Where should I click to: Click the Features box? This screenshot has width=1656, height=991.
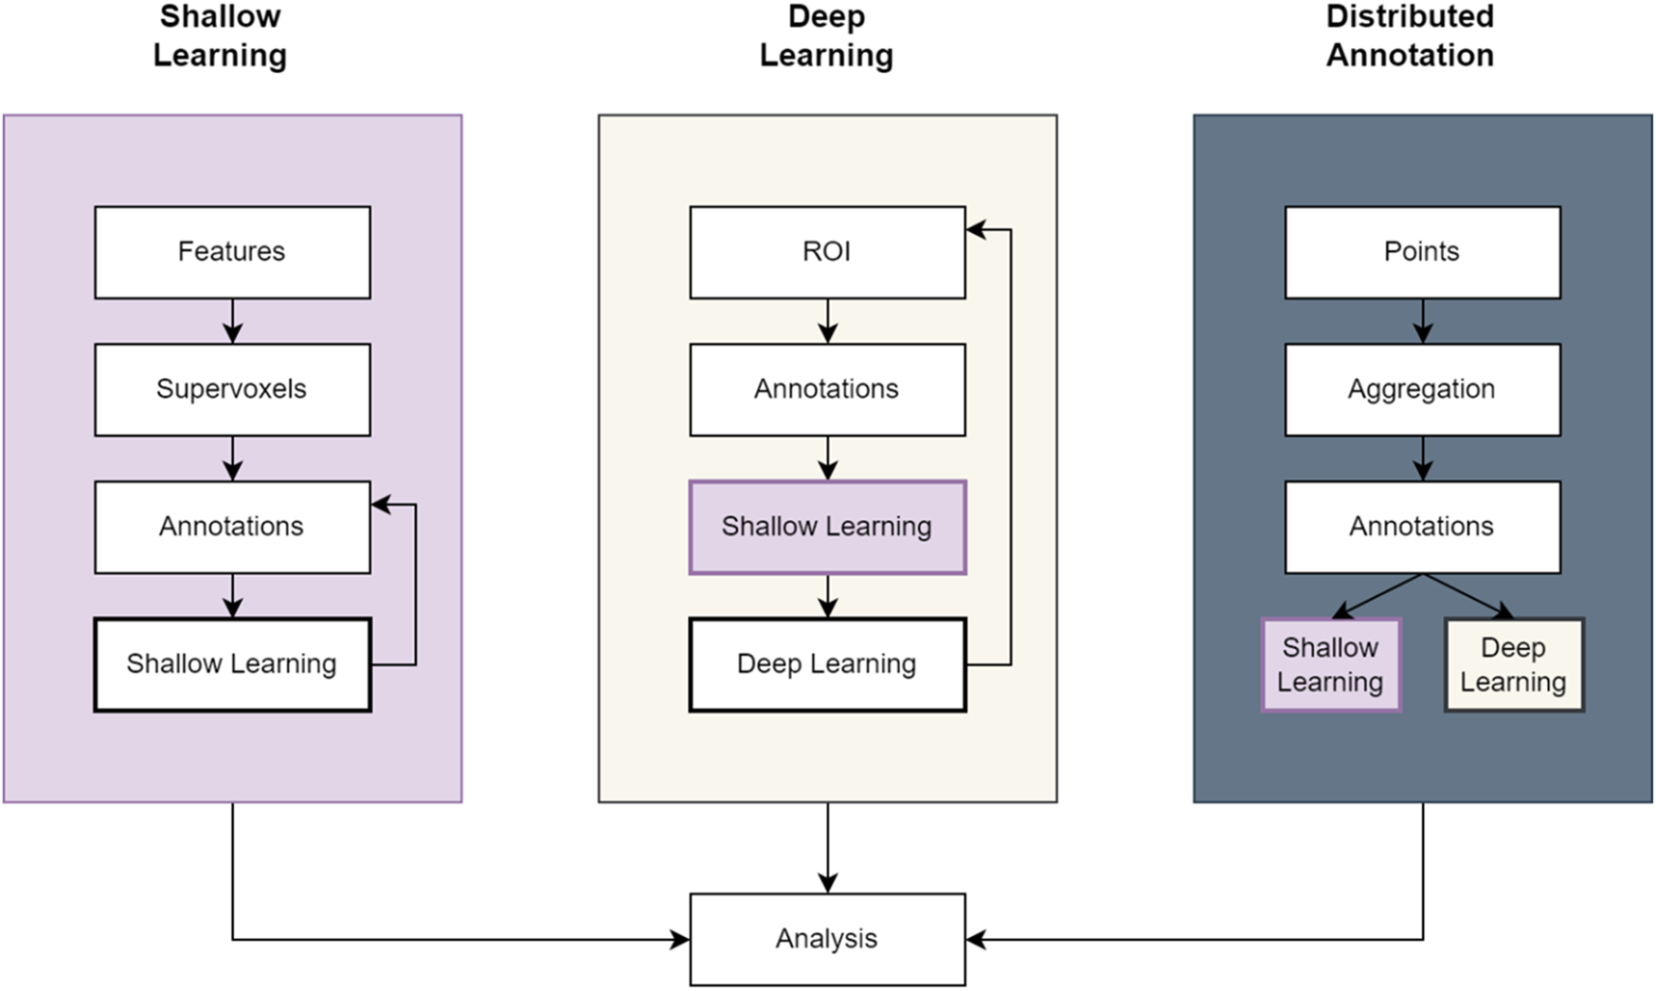[x=232, y=252]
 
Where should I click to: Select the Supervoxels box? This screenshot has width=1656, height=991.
[x=232, y=389]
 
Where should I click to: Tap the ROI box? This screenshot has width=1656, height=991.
[x=827, y=252]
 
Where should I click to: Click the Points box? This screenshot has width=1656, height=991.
[x=1422, y=252]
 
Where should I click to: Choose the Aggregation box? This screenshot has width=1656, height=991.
[x=1422, y=389]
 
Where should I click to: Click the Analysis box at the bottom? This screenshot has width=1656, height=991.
[x=827, y=939]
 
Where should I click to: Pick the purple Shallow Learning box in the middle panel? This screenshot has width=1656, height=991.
[x=827, y=527]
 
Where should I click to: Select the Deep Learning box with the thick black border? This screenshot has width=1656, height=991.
[x=827, y=664]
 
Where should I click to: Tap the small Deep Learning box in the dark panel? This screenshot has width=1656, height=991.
[x=1513, y=664]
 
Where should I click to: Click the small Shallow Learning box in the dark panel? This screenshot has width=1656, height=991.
[x=1330, y=664]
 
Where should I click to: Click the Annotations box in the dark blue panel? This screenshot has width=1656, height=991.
[x=1422, y=527]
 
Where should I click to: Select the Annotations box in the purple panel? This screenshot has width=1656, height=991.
[x=232, y=527]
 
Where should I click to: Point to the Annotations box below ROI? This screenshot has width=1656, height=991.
[x=827, y=389]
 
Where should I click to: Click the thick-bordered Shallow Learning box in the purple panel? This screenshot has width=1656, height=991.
[x=232, y=664]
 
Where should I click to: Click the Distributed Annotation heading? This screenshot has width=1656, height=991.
[x=1410, y=36]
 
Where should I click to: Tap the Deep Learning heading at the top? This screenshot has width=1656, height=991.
[x=826, y=36]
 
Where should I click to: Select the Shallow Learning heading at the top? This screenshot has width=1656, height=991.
[x=220, y=36]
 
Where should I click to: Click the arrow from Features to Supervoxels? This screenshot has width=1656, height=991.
[x=232, y=321]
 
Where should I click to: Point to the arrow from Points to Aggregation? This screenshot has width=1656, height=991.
[x=1422, y=321]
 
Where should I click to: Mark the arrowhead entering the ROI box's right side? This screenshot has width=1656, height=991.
[x=976, y=229]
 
